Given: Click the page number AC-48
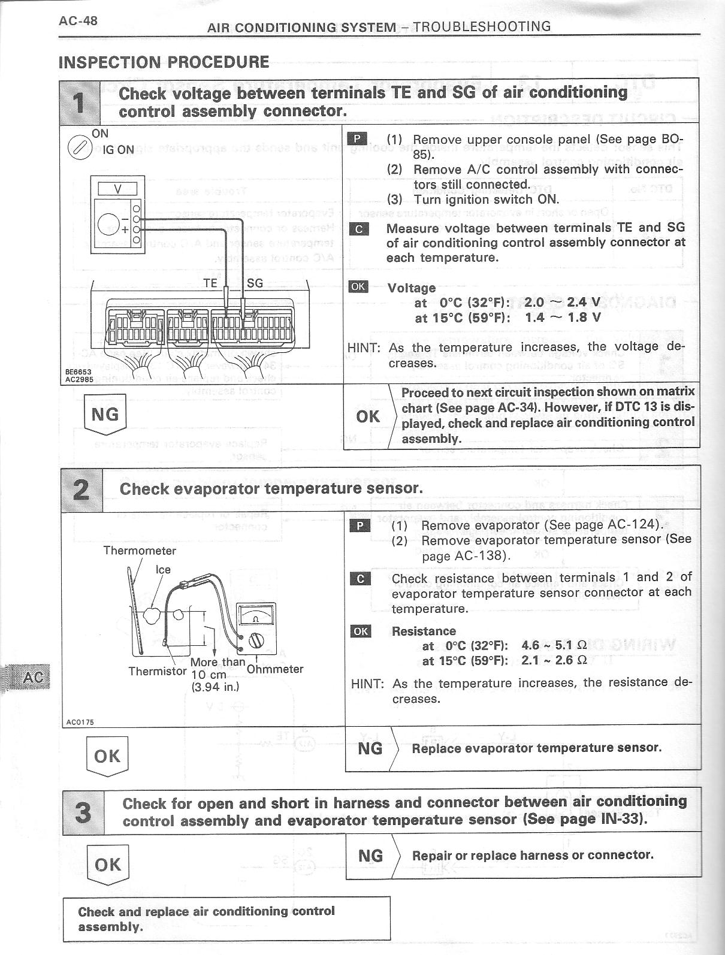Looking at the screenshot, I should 78,21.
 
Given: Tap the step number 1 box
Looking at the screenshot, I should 80,102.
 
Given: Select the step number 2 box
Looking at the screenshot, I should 82,489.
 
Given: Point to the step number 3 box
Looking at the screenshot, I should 83,812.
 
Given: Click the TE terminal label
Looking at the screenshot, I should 210,283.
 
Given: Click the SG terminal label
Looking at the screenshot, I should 255,283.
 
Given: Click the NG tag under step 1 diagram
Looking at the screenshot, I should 105,413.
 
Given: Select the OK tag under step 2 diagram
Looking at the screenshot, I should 107,756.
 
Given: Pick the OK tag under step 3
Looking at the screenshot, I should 108,865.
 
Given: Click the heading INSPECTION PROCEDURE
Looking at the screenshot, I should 164,62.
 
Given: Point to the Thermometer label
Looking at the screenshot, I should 140,551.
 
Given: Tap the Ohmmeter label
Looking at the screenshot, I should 275,669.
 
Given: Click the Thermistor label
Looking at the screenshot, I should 158,671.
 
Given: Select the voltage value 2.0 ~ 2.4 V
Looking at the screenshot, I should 563,303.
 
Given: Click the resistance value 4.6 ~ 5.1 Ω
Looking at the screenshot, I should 554,645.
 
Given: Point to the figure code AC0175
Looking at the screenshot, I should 79,722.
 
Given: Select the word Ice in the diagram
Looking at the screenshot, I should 163,570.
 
